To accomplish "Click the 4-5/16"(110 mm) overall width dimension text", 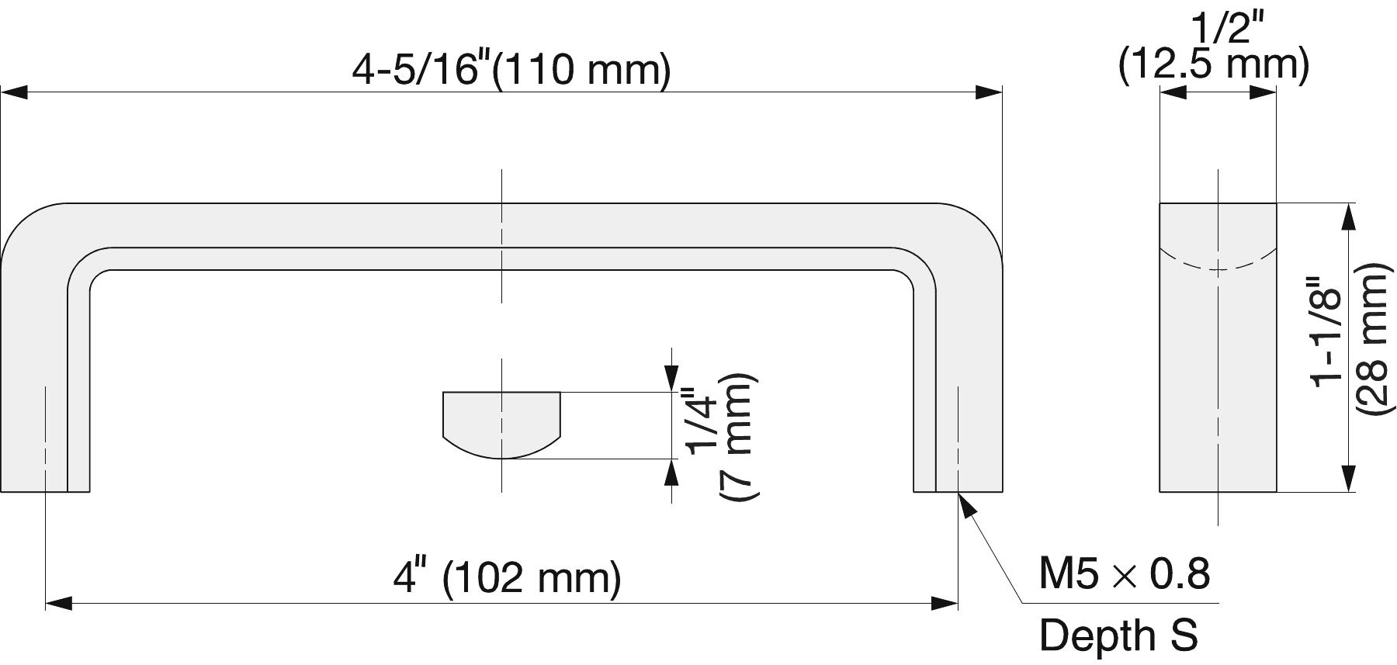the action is pyautogui.click(x=511, y=70).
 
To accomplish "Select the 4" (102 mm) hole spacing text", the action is pyautogui.click(x=508, y=578).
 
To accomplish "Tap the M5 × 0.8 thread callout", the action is pyautogui.click(x=1125, y=574).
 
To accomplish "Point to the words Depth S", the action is pyautogui.click(x=1118, y=635).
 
